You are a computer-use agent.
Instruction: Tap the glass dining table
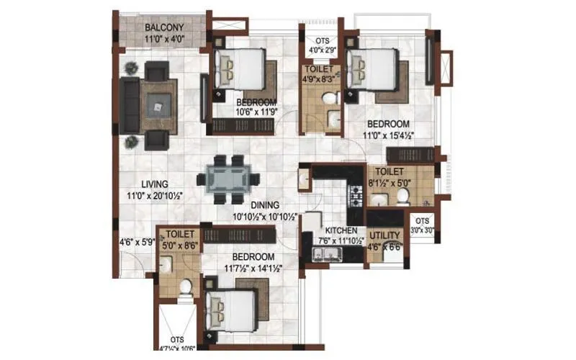coord(225,177)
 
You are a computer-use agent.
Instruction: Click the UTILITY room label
coord(384,236)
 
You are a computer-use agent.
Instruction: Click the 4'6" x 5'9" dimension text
coord(136,243)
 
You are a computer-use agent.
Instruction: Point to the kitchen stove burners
coord(354,193)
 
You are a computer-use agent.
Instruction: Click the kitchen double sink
coord(323,252)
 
